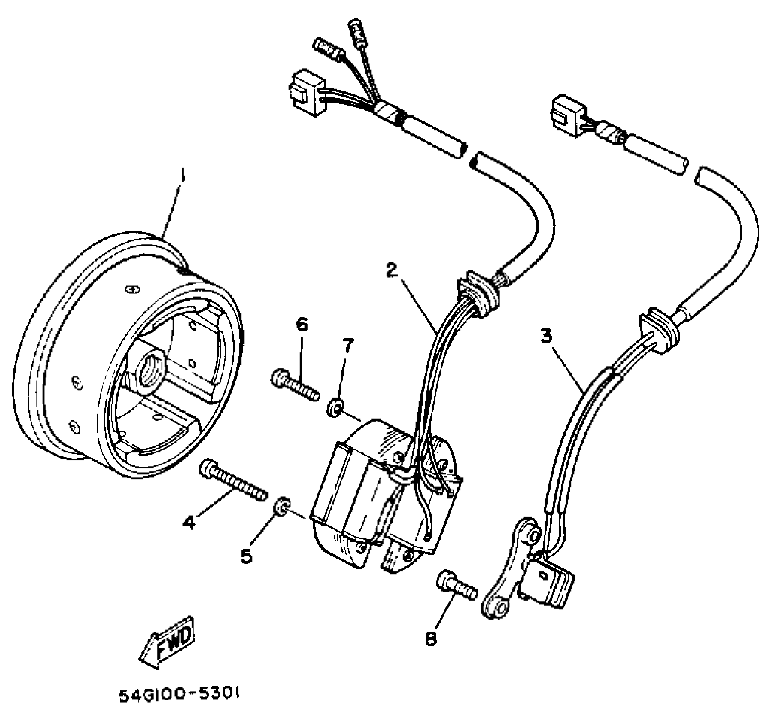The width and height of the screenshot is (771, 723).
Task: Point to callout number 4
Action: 188,522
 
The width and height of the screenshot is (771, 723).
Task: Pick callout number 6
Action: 302,325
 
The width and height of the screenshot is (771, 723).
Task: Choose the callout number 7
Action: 348,346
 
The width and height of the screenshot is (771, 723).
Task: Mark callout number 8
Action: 431,640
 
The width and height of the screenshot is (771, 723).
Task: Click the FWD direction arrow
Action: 168,641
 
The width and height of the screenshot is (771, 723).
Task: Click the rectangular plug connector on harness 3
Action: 568,116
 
